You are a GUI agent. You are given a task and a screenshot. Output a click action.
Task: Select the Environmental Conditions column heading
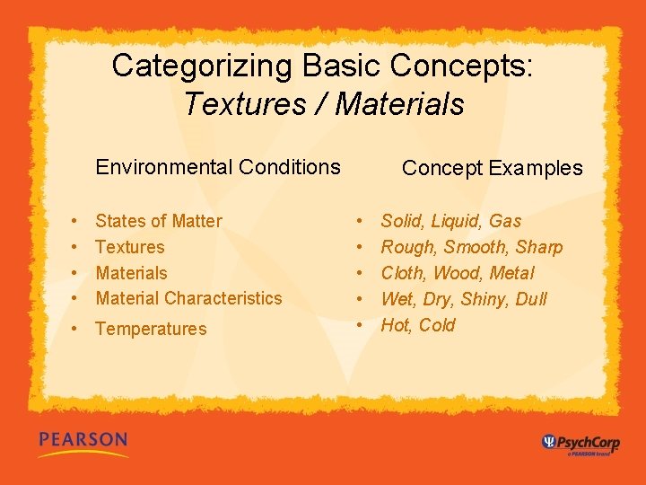pyautogui.click(x=218, y=167)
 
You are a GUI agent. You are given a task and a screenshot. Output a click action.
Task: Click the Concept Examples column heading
pyautogui.click(x=492, y=168)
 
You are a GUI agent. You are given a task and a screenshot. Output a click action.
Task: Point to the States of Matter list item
pyautogui.click(x=159, y=221)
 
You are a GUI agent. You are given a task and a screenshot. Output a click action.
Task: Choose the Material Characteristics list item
pyautogui.click(x=188, y=298)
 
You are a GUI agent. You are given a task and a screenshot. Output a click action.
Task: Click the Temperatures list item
pyautogui.click(x=151, y=329)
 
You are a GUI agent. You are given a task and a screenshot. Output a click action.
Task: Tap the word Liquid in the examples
pyautogui.click(x=457, y=221)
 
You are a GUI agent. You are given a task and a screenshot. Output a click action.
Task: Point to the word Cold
pyautogui.click(x=437, y=325)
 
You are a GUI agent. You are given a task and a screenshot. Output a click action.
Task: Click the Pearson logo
pyautogui.click(x=83, y=441)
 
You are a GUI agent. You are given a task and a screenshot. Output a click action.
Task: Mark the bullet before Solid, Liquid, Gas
pyautogui.click(x=360, y=221)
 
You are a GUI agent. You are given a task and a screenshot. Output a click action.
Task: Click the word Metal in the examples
pyautogui.click(x=513, y=273)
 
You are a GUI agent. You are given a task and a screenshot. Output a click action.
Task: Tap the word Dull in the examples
pyautogui.click(x=530, y=299)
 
